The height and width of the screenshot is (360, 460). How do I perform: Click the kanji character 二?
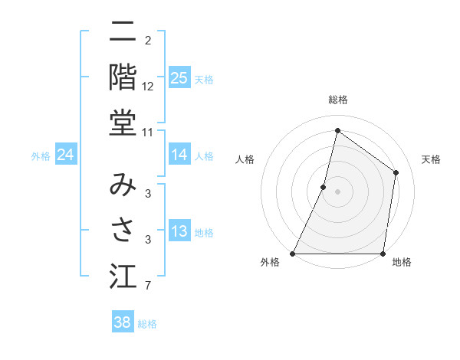coord(123,34)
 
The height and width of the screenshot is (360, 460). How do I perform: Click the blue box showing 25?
coord(179,78)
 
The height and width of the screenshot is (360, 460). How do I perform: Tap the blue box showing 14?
coord(179,155)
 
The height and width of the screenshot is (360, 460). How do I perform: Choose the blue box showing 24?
coord(65,155)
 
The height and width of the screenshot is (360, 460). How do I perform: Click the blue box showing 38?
coord(123,322)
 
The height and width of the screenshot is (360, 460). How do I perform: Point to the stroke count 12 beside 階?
coord(148,86)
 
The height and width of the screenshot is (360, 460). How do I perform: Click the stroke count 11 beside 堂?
coord(148,133)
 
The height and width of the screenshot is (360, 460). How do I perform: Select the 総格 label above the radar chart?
coord(337,100)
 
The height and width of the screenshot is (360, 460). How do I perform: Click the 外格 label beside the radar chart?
coord(270,263)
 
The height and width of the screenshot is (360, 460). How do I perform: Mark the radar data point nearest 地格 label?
coord(383,254)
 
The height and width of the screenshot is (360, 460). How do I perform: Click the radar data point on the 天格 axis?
coord(396,172)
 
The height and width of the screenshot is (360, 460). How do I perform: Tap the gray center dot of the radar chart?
coord(337,191)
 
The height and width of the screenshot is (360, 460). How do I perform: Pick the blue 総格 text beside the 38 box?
coord(148,324)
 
